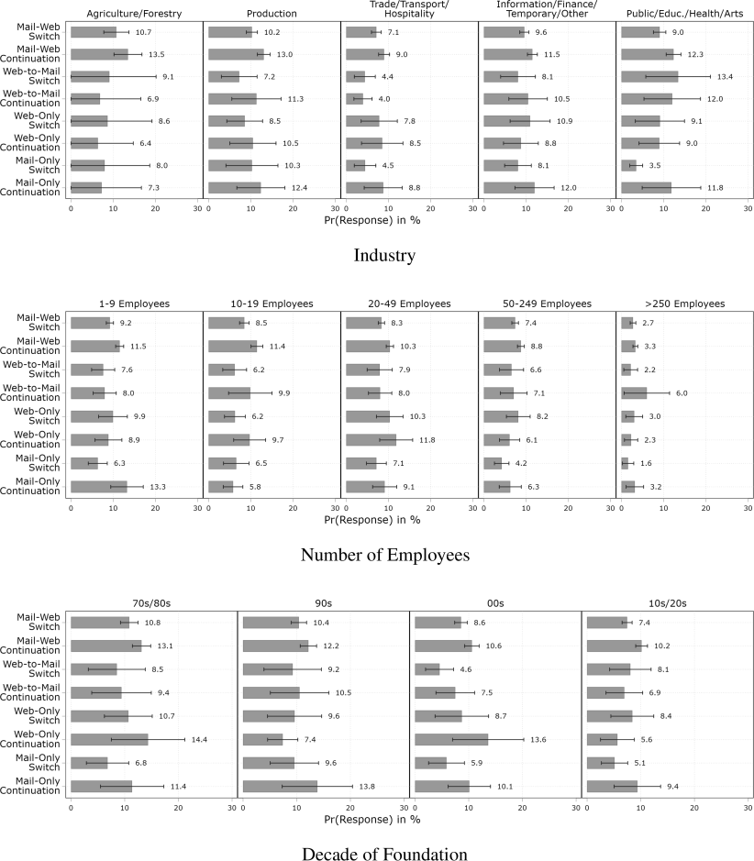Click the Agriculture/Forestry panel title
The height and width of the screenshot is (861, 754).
136,14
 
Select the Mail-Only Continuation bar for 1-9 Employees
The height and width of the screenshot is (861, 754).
99,486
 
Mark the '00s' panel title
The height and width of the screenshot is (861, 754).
495,602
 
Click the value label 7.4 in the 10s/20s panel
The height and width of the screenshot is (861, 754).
646,623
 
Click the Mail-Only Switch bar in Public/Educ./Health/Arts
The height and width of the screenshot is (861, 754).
628,165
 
